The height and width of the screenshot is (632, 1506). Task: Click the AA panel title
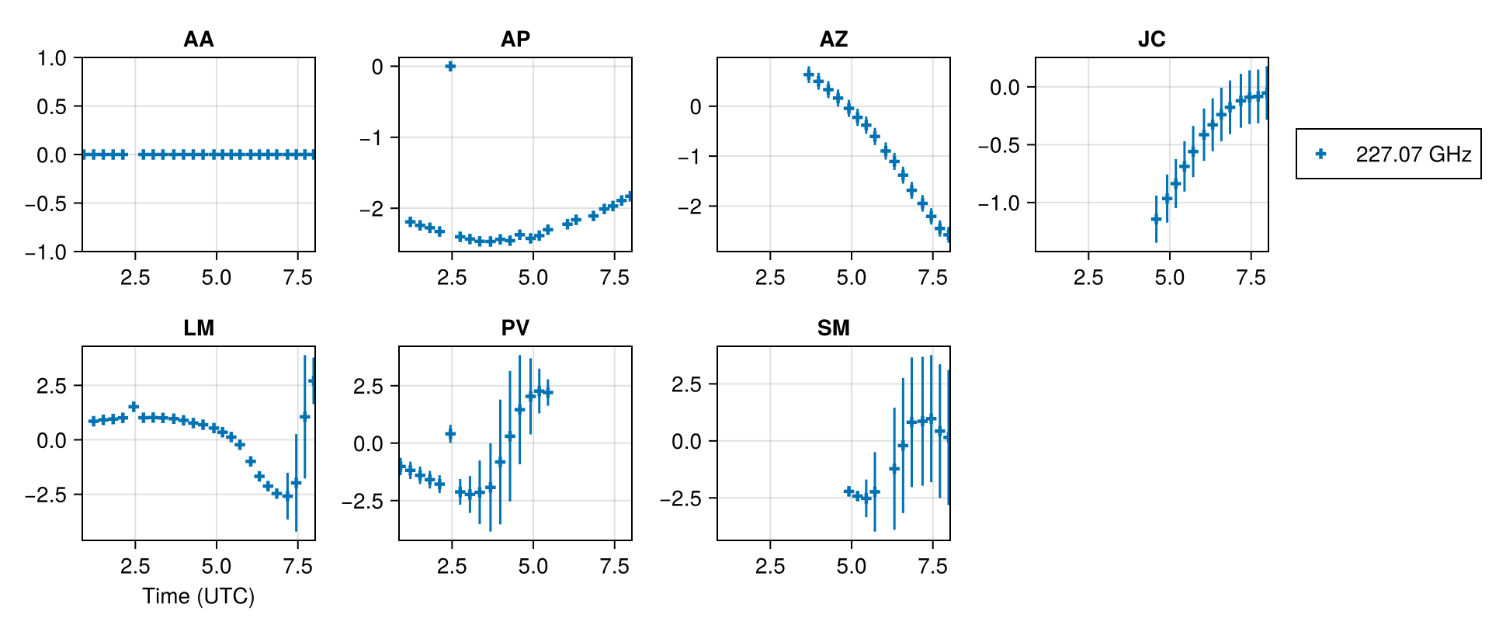198,39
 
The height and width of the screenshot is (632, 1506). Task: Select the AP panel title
515,39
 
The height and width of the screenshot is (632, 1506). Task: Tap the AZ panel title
834,39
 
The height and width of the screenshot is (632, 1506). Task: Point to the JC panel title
1151,39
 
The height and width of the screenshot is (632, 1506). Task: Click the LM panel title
198,328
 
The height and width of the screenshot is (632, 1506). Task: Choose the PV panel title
515,328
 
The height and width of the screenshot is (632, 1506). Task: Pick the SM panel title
834,328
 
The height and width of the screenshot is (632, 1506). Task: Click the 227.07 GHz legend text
1413,155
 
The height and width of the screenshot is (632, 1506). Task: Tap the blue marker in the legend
1321,155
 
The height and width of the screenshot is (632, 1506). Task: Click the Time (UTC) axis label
198,596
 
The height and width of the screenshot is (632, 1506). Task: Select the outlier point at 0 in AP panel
450,66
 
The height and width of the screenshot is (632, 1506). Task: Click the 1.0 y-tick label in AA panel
52,58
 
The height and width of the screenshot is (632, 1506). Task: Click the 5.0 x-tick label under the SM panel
851,567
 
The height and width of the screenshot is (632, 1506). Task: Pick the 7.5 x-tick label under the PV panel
614,567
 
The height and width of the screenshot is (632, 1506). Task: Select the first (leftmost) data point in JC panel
1156,219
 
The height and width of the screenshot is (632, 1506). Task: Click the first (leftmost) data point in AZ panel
808,75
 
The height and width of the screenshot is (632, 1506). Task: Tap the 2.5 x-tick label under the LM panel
135,567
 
